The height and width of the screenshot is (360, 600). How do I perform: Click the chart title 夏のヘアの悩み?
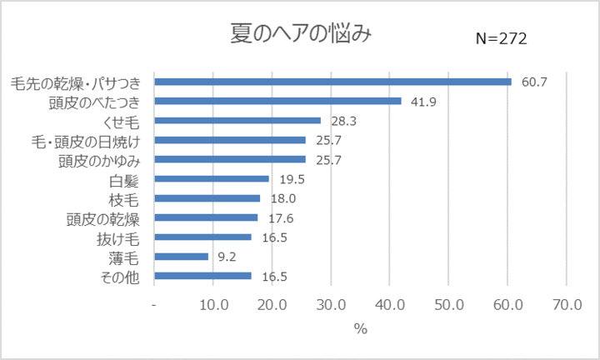pos(300,35)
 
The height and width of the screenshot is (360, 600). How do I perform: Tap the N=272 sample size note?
pos(501,39)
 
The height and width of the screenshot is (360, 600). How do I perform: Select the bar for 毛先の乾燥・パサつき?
pos(332,82)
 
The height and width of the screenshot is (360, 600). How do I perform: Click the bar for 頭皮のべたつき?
pos(277,101)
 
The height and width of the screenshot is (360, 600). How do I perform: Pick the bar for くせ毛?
pos(237,121)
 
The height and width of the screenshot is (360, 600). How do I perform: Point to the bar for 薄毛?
pos(182,257)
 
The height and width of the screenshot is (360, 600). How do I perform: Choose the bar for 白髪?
pos(212,178)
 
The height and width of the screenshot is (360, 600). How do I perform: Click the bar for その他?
pos(202,276)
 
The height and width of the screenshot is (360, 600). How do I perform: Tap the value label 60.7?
pos(534,82)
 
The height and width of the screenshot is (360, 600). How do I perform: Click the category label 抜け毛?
pos(117,238)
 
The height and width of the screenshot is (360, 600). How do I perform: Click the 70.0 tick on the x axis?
pos(566,304)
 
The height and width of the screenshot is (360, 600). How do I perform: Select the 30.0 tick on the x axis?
pos(331,304)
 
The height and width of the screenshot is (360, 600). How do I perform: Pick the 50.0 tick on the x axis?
pos(448,304)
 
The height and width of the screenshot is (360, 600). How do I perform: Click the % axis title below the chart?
pos(360,329)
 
